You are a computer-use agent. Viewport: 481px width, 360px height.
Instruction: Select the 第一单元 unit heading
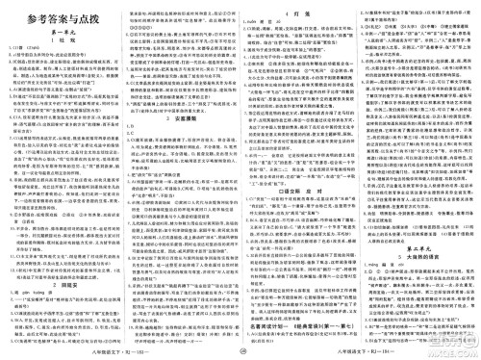[60, 31]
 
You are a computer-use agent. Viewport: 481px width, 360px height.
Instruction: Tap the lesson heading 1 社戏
[60, 41]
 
